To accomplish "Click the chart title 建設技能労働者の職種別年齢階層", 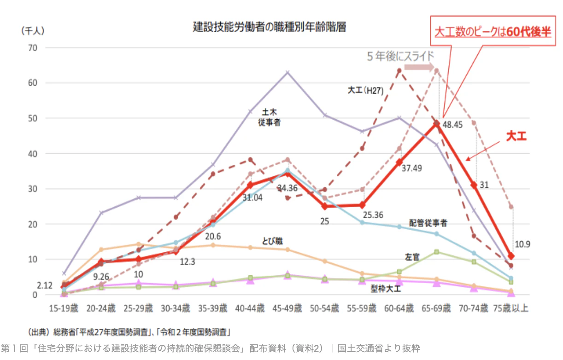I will [x=269, y=27].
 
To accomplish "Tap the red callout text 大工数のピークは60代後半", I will [x=493, y=32].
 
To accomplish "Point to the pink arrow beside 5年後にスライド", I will [x=419, y=68].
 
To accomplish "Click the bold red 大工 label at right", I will [x=516, y=136].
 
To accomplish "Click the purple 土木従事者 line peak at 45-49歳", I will [x=287, y=72].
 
